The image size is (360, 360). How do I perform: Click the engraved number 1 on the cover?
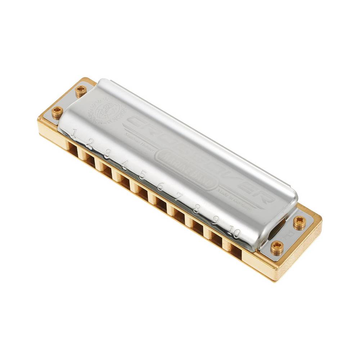[74, 134]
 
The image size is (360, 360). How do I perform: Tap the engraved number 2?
[90, 144]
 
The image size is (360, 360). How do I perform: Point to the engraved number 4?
[125, 165]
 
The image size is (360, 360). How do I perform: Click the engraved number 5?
[142, 175]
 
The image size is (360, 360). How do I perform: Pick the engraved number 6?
[160, 186]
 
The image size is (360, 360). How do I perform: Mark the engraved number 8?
[196, 208]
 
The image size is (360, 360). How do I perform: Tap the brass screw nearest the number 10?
[276, 247]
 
